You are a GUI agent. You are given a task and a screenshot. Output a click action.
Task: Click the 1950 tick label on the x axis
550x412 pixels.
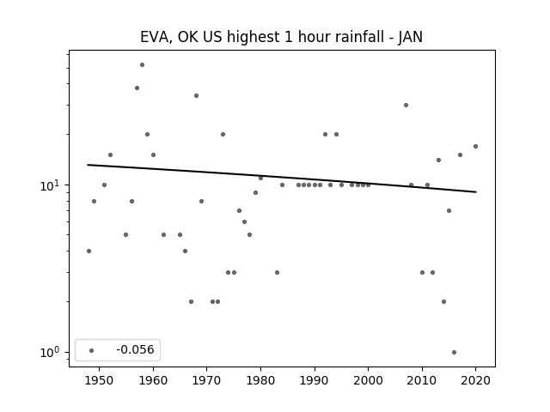(100, 380)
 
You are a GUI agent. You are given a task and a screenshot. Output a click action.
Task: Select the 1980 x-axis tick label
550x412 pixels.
(260, 380)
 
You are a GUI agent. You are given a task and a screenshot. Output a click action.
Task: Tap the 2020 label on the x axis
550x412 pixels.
(475, 380)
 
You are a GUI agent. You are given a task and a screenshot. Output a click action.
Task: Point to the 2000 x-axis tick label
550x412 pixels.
(368, 380)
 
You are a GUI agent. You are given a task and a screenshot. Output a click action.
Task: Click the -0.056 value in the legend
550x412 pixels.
(135, 349)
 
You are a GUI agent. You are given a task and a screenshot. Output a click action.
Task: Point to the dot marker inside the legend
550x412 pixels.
(92, 350)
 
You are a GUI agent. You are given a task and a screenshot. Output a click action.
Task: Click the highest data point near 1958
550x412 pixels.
(142, 65)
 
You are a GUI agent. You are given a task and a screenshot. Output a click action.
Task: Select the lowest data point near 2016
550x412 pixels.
(455, 352)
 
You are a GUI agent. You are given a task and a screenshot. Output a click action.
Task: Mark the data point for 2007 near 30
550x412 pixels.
(406, 105)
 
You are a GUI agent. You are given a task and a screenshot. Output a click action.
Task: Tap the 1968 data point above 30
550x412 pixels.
(197, 95)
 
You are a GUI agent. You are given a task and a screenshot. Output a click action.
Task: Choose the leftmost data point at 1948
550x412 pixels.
(89, 251)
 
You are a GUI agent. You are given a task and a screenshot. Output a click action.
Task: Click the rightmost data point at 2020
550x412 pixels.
(475, 147)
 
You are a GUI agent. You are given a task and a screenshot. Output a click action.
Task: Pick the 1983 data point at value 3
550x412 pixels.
(277, 272)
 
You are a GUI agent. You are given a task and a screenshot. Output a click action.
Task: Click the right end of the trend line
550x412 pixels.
(476, 192)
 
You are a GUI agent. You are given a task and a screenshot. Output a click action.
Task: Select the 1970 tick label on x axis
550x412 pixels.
(207, 380)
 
